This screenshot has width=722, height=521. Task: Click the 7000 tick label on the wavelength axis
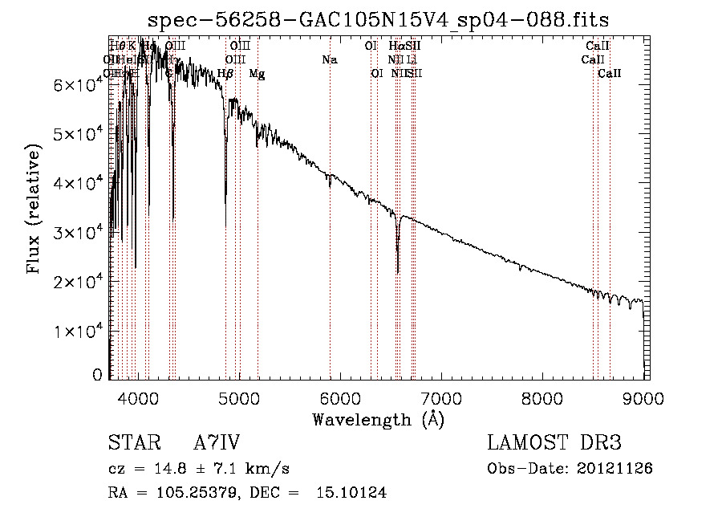point(441,399)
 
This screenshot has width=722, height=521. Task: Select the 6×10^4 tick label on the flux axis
point(71,85)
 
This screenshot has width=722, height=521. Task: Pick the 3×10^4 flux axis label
point(71,233)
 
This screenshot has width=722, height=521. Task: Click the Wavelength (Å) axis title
point(378,419)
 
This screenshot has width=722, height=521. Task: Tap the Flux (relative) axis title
point(34,209)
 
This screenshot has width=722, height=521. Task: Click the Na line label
point(330,59)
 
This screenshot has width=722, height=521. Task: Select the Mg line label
point(257,74)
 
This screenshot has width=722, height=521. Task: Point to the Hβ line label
point(225,74)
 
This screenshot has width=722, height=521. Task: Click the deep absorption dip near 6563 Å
point(398,270)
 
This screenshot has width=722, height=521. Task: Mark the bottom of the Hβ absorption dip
point(225,225)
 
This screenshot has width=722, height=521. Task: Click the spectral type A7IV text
point(217,443)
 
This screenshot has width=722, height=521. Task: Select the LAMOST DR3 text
point(554,443)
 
